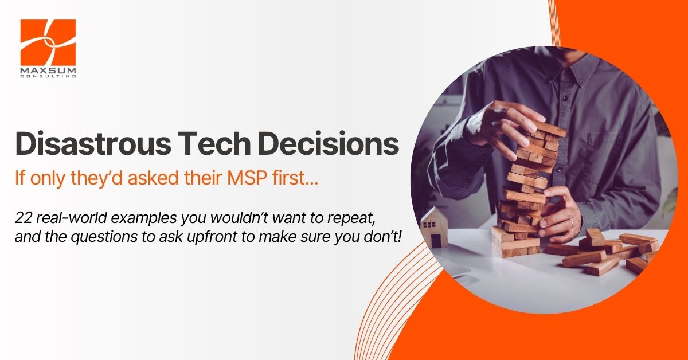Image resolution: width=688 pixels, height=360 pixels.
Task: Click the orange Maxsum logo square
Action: point(48,42)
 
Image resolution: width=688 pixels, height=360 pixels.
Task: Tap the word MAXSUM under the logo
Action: point(48,71)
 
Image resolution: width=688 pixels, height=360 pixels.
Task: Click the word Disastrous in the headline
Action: point(93,143)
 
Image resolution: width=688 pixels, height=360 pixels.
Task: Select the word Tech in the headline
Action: point(214,143)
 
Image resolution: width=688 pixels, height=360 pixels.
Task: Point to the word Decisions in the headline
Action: point(329,143)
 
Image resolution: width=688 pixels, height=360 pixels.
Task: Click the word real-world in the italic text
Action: point(71,218)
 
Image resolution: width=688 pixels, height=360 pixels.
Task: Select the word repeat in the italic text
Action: point(351,219)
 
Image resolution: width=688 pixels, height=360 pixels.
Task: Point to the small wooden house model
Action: point(434,227)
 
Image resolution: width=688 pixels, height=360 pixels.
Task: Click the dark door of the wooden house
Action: point(436,241)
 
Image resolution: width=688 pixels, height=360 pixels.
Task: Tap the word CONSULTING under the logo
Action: point(48,76)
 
